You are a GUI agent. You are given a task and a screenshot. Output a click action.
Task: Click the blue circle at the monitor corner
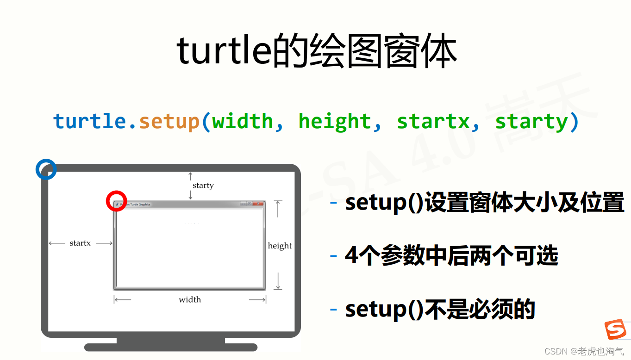click(x=46, y=169)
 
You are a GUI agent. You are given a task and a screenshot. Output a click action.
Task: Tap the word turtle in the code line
click(x=89, y=122)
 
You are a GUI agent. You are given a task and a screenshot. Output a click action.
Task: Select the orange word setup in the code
click(x=169, y=122)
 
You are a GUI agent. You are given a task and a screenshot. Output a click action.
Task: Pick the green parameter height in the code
click(x=335, y=122)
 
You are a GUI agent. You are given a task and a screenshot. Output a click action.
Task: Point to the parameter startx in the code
click(x=433, y=122)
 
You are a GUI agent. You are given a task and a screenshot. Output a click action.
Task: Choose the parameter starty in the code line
click(x=531, y=122)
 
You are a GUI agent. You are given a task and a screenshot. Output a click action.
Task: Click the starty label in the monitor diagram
click(x=203, y=186)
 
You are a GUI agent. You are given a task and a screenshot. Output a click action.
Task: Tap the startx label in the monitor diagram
click(x=80, y=243)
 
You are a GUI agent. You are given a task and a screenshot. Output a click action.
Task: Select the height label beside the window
click(x=280, y=246)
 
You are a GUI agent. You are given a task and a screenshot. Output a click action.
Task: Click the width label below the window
click(x=190, y=300)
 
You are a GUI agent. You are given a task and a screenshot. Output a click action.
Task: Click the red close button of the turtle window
click(x=258, y=204)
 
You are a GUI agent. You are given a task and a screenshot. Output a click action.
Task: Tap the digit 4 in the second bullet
click(x=351, y=256)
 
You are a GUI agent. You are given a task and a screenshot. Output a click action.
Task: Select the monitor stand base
click(x=170, y=347)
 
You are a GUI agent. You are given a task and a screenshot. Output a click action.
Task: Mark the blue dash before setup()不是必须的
click(x=333, y=309)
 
